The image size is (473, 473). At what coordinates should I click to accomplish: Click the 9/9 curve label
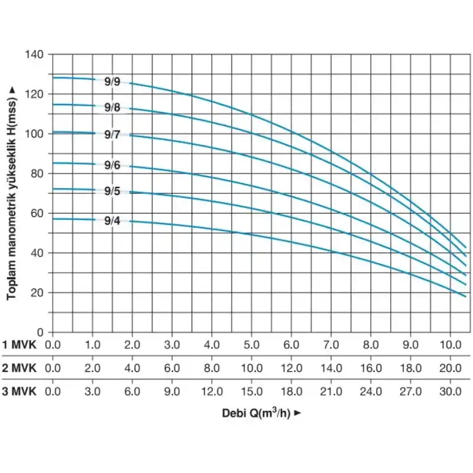coord(112,82)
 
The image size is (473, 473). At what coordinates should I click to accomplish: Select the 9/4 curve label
coord(112,221)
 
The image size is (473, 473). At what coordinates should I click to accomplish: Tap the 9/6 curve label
coord(112,166)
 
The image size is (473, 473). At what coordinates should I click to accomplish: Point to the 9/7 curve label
coord(112,135)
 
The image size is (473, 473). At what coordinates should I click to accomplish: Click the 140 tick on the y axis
coord(35,54)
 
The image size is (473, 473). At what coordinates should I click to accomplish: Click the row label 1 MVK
coord(20,345)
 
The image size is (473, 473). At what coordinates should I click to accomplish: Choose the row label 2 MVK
coord(20,368)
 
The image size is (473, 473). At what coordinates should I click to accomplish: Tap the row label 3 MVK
coord(20,391)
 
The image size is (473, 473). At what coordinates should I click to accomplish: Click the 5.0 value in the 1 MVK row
coord(252,345)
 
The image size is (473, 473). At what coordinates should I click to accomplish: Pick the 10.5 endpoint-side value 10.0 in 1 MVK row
coord(450,345)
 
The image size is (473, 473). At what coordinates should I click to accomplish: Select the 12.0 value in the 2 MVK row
coord(291,368)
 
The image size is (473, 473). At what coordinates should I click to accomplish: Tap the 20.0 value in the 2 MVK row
coord(450,368)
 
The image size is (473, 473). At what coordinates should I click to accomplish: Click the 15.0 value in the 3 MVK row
coord(252,391)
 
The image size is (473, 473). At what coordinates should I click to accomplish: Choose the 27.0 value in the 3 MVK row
coord(410,391)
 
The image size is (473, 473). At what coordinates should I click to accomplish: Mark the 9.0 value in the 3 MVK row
coord(172,391)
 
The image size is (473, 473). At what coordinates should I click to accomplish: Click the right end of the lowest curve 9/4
coord(466,296)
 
